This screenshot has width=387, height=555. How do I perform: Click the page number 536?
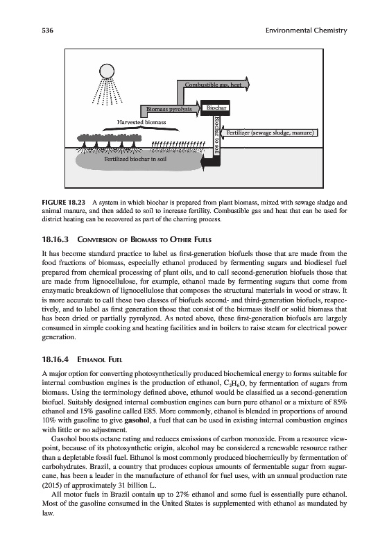click(x=47, y=31)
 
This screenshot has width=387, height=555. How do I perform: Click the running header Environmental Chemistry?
click(x=306, y=31)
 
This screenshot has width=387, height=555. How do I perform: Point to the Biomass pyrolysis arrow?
click(x=171, y=110)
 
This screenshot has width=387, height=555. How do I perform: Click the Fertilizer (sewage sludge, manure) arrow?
click(x=269, y=133)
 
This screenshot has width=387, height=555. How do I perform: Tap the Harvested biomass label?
click(x=141, y=122)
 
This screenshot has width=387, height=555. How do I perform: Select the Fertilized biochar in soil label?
click(x=135, y=159)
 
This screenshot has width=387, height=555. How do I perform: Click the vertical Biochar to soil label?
click(x=217, y=135)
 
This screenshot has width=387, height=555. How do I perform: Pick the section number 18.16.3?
click(x=56, y=239)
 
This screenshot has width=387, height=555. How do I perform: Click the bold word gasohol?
click(x=137, y=420)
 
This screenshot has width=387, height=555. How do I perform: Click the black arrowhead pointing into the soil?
click(x=205, y=163)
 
